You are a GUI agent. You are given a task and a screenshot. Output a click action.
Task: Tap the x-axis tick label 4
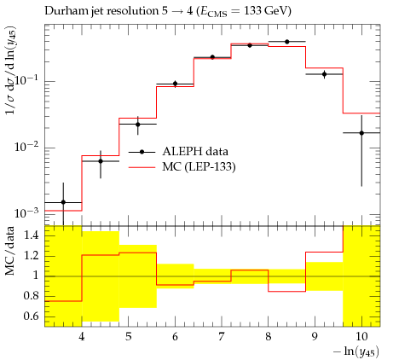[x=82, y=337]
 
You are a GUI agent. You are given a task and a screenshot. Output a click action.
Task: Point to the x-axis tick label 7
[x=222, y=337]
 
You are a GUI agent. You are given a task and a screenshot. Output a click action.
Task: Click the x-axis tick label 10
[x=361, y=337]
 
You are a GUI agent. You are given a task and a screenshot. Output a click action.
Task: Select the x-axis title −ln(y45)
[x=356, y=351]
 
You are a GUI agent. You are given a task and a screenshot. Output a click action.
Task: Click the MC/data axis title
[x=10, y=251]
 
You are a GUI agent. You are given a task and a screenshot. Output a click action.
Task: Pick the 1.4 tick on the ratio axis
[x=31, y=235]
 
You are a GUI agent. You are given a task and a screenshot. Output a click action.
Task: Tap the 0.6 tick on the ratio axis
[x=31, y=316]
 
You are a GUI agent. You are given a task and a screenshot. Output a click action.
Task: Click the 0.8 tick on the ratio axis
[x=31, y=296]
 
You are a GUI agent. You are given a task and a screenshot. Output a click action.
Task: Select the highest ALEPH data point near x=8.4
[x=287, y=42]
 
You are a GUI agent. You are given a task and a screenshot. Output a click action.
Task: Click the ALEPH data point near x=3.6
[x=63, y=202]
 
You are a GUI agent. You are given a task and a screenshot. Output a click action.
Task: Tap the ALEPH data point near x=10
[x=361, y=133]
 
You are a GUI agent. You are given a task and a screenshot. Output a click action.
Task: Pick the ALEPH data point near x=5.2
[x=138, y=125]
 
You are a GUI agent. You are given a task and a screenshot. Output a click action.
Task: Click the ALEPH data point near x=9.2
[x=324, y=74]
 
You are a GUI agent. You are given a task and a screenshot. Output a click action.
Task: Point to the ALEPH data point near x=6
[x=176, y=84]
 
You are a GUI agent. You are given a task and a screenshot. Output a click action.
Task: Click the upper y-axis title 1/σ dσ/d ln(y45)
[x=11, y=71]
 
